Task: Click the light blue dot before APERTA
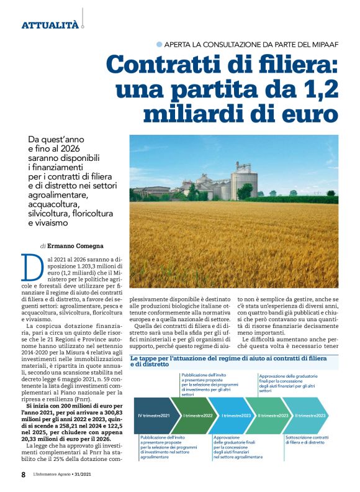coord(160,44)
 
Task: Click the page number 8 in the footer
coord(24,475)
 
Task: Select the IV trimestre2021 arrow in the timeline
coord(154,415)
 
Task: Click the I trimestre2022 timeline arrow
coord(197,415)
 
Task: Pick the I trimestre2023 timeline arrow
coord(236,415)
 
